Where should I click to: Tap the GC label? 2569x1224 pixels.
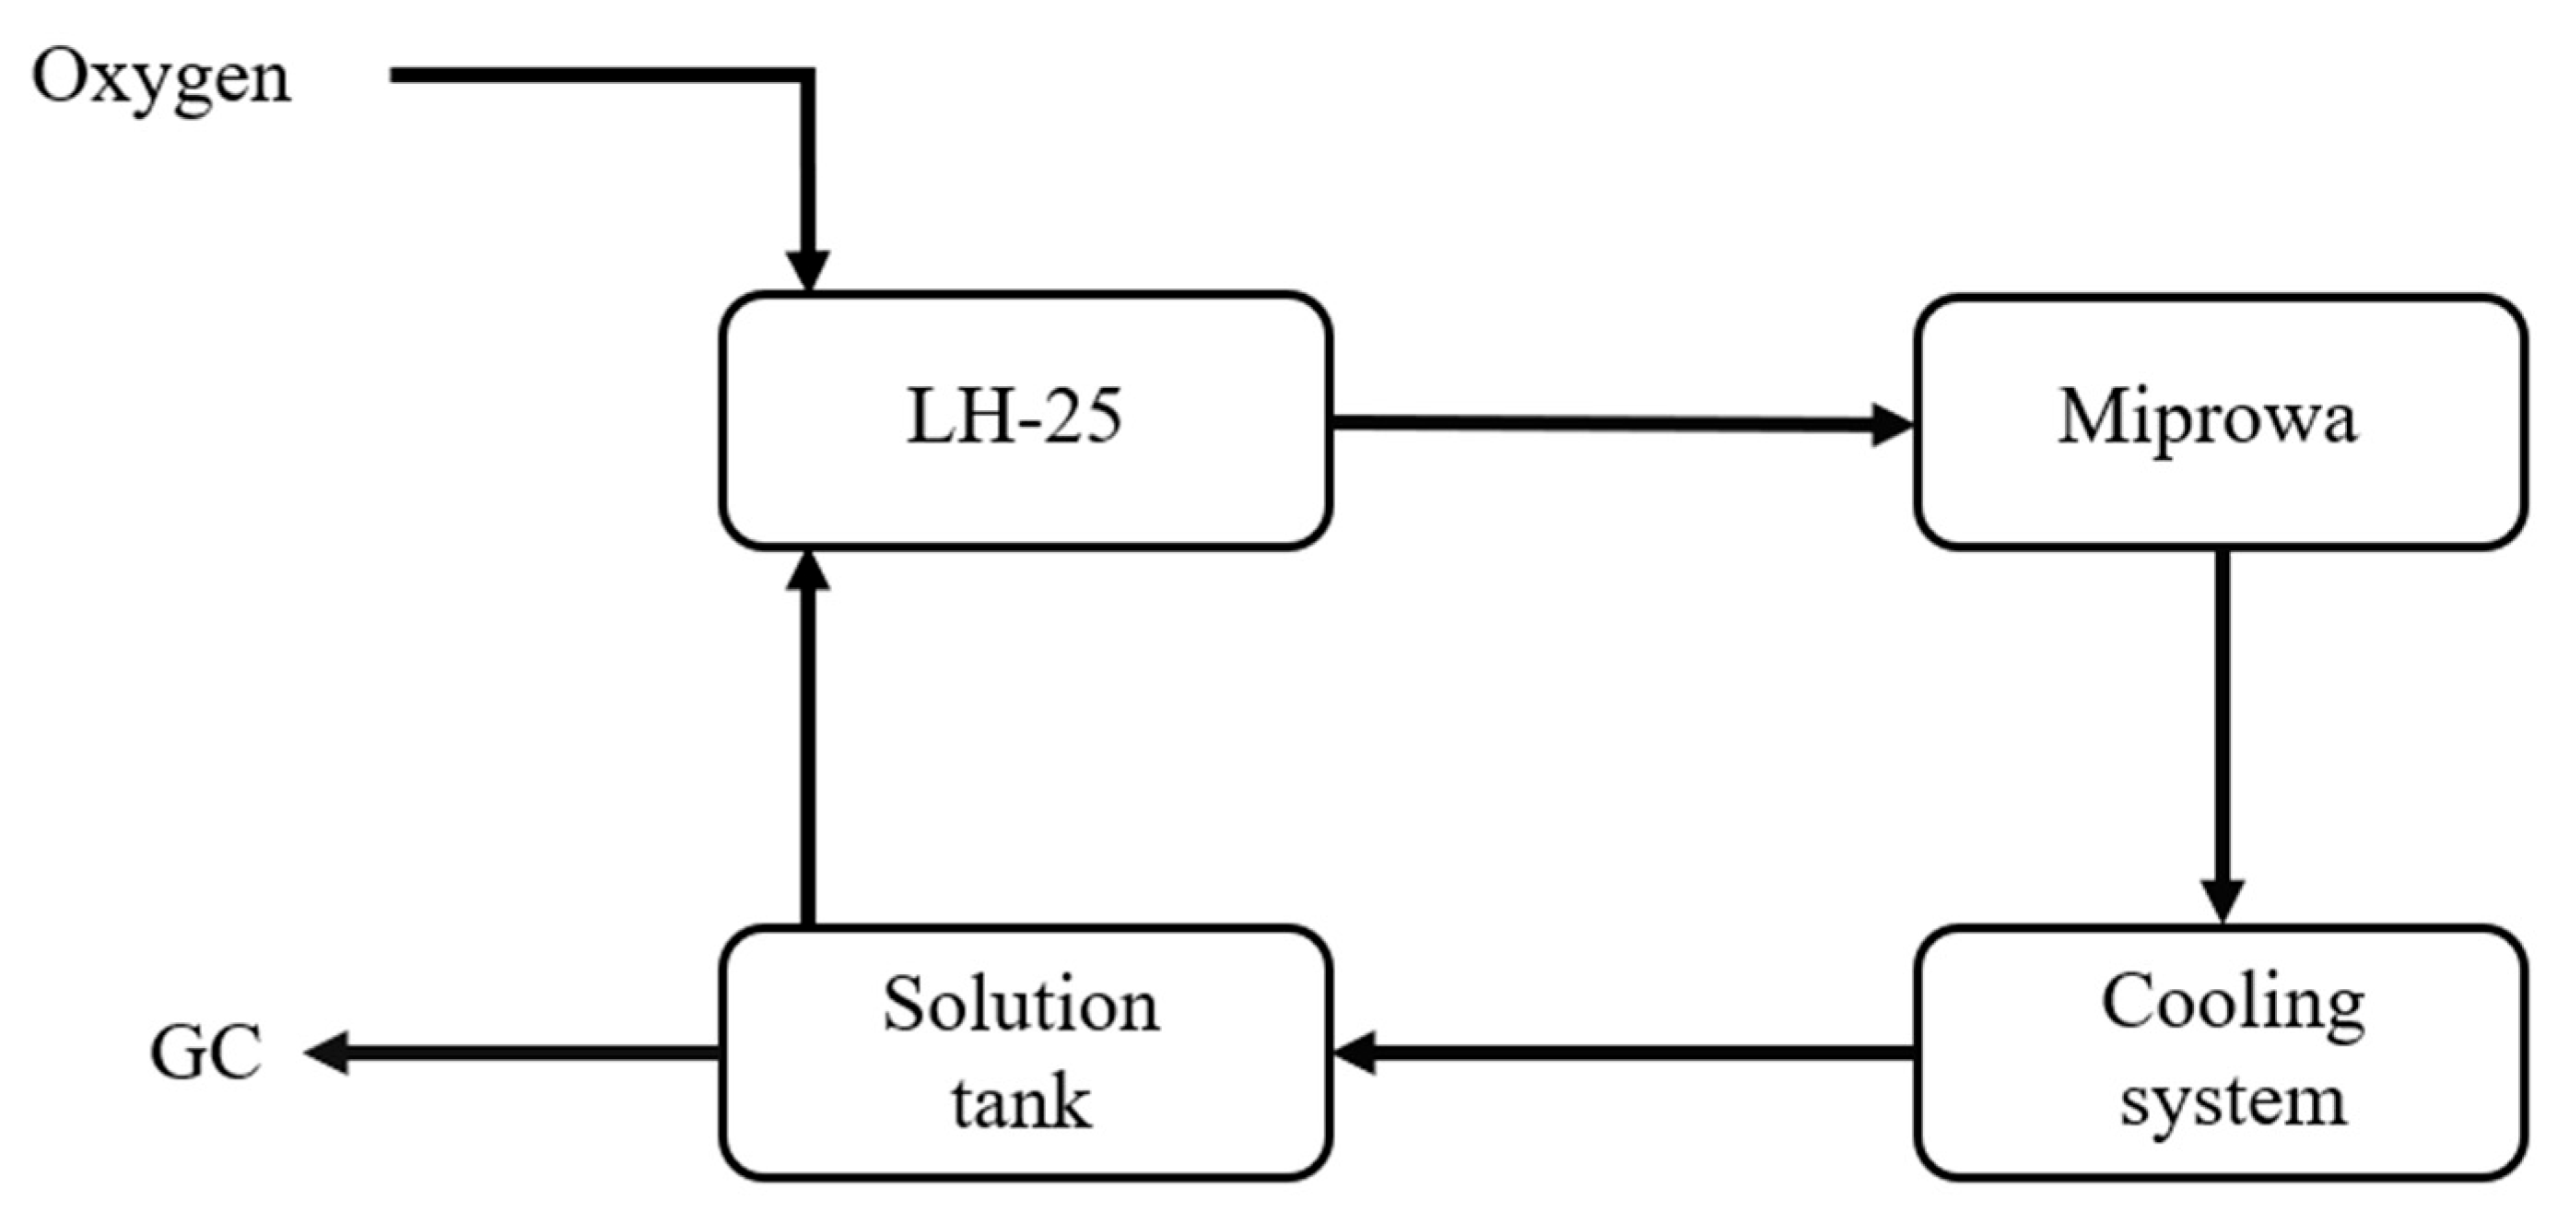206,1053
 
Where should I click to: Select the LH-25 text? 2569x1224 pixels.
1015,417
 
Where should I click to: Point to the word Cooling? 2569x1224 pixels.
2233,1005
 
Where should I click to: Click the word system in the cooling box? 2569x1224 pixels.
2233,1102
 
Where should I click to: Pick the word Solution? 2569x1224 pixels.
1021,1005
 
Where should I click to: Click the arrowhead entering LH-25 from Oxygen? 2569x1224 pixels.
808,270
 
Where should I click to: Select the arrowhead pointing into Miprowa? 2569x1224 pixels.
1891,425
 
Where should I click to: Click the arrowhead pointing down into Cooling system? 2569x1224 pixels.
2223,900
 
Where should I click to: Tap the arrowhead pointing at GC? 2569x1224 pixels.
327,1053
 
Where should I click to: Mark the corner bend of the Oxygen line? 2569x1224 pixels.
807,76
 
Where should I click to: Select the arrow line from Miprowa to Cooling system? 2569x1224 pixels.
2223,718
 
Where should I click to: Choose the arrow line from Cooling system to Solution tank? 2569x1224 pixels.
1636,1053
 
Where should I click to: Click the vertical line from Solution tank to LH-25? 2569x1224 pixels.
808,759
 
